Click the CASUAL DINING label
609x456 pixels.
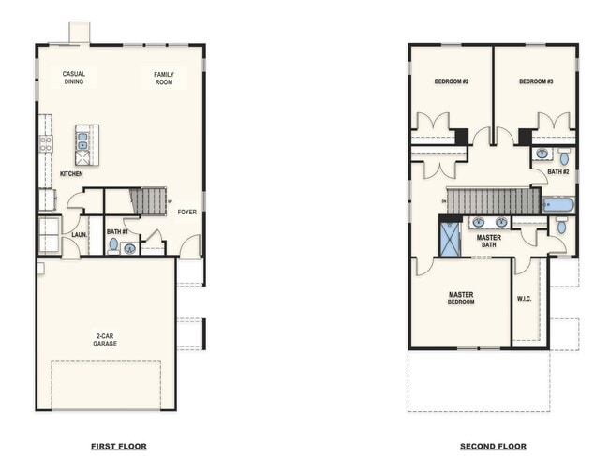click(x=74, y=78)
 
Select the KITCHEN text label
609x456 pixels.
click(x=72, y=173)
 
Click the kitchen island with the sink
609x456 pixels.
click(x=82, y=141)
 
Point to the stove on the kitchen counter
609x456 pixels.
click(x=45, y=143)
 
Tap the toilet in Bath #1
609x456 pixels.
click(x=113, y=245)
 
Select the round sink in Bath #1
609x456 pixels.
click(x=130, y=248)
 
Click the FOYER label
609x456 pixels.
click(x=187, y=212)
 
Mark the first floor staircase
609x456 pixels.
click(x=149, y=200)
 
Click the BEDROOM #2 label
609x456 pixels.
click(x=451, y=82)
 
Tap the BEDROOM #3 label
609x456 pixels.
click(x=536, y=82)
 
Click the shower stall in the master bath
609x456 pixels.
click(x=451, y=238)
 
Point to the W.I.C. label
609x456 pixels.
click(x=524, y=300)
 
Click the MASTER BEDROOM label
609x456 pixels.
click(x=461, y=299)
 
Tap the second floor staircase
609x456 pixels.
click(x=491, y=200)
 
